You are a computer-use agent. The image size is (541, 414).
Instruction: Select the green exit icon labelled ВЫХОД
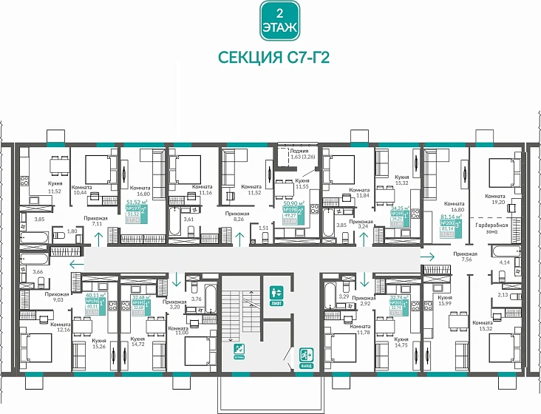(305, 357)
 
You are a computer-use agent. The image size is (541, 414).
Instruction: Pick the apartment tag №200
(450, 225)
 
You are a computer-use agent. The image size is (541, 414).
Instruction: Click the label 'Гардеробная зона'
(490, 227)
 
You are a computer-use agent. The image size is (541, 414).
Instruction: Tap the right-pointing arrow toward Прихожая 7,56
(429, 257)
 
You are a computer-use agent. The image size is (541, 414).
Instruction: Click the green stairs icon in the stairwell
(239, 349)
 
